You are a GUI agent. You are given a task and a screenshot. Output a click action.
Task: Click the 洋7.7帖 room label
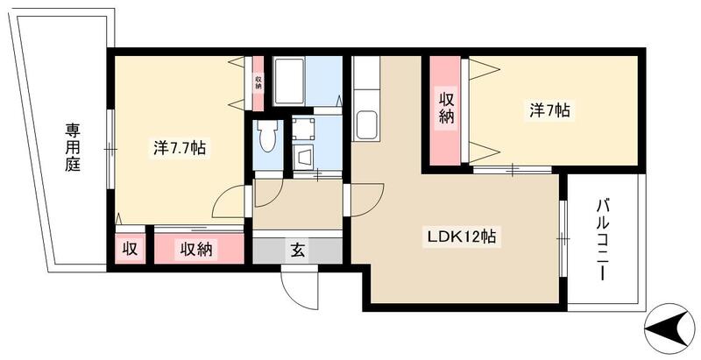click(180, 148)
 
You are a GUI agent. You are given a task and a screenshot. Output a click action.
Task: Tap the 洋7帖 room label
click(549, 110)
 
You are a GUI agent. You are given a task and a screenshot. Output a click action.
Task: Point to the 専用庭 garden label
click(71, 147)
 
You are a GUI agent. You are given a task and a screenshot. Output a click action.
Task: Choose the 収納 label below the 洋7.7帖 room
click(198, 250)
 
